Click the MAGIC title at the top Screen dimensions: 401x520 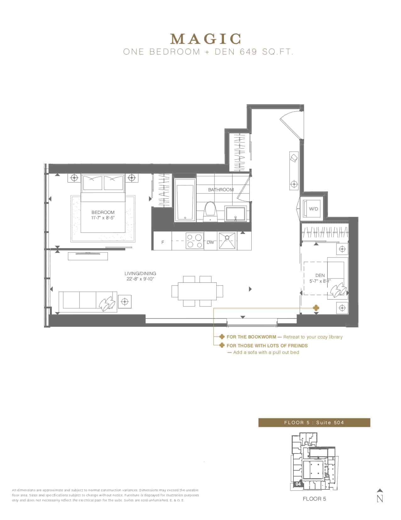click(206, 39)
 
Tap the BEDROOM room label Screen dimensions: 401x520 click(103, 212)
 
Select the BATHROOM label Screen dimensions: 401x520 click(221, 190)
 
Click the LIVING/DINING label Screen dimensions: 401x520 click(140, 273)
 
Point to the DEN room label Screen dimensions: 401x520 click(320, 275)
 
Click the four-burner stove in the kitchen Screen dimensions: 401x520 click(194, 241)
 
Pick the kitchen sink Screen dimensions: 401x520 click(227, 241)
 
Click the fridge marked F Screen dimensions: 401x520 click(162, 242)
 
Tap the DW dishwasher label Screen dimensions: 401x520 click(210, 242)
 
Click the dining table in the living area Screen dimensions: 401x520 click(197, 291)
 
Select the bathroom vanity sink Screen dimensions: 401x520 click(236, 213)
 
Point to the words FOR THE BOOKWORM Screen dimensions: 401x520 click(251, 337)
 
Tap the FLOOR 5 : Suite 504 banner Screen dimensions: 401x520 click(314, 423)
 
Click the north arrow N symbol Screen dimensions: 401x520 click(380, 499)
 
